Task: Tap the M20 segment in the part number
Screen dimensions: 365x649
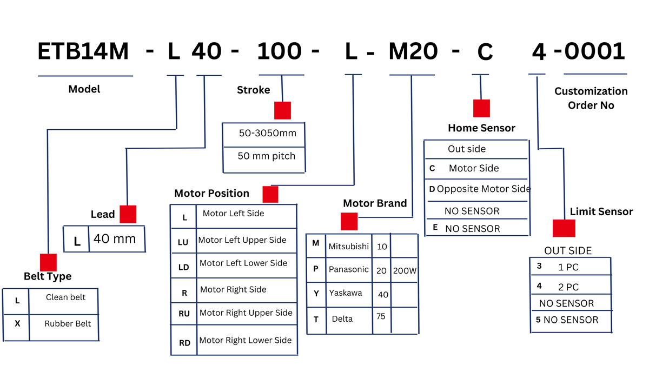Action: [x=413, y=52]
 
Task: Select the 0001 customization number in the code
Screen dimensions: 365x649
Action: [x=594, y=52]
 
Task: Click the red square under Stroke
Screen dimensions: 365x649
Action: [x=282, y=110]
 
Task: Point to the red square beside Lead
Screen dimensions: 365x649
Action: [x=128, y=214]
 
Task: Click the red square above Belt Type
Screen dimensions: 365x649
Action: [x=48, y=262]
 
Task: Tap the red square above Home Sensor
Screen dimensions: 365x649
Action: [x=481, y=108]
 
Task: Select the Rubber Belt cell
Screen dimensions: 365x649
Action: [x=68, y=324]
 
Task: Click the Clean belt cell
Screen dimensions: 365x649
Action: [x=65, y=297]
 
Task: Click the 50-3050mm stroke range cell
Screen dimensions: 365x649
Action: [x=267, y=133]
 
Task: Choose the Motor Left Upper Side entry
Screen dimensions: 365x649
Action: [x=242, y=240]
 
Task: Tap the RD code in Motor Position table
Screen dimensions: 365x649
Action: [x=184, y=343]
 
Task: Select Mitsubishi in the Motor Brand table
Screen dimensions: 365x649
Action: [x=348, y=247]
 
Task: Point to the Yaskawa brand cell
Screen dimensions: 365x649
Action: [x=346, y=293]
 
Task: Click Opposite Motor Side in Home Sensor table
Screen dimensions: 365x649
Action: [x=484, y=189]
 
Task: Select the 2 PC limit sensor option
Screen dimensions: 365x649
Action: [x=568, y=287]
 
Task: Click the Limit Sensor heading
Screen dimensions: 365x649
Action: [x=601, y=212]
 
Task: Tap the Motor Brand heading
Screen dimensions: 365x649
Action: [x=375, y=203]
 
